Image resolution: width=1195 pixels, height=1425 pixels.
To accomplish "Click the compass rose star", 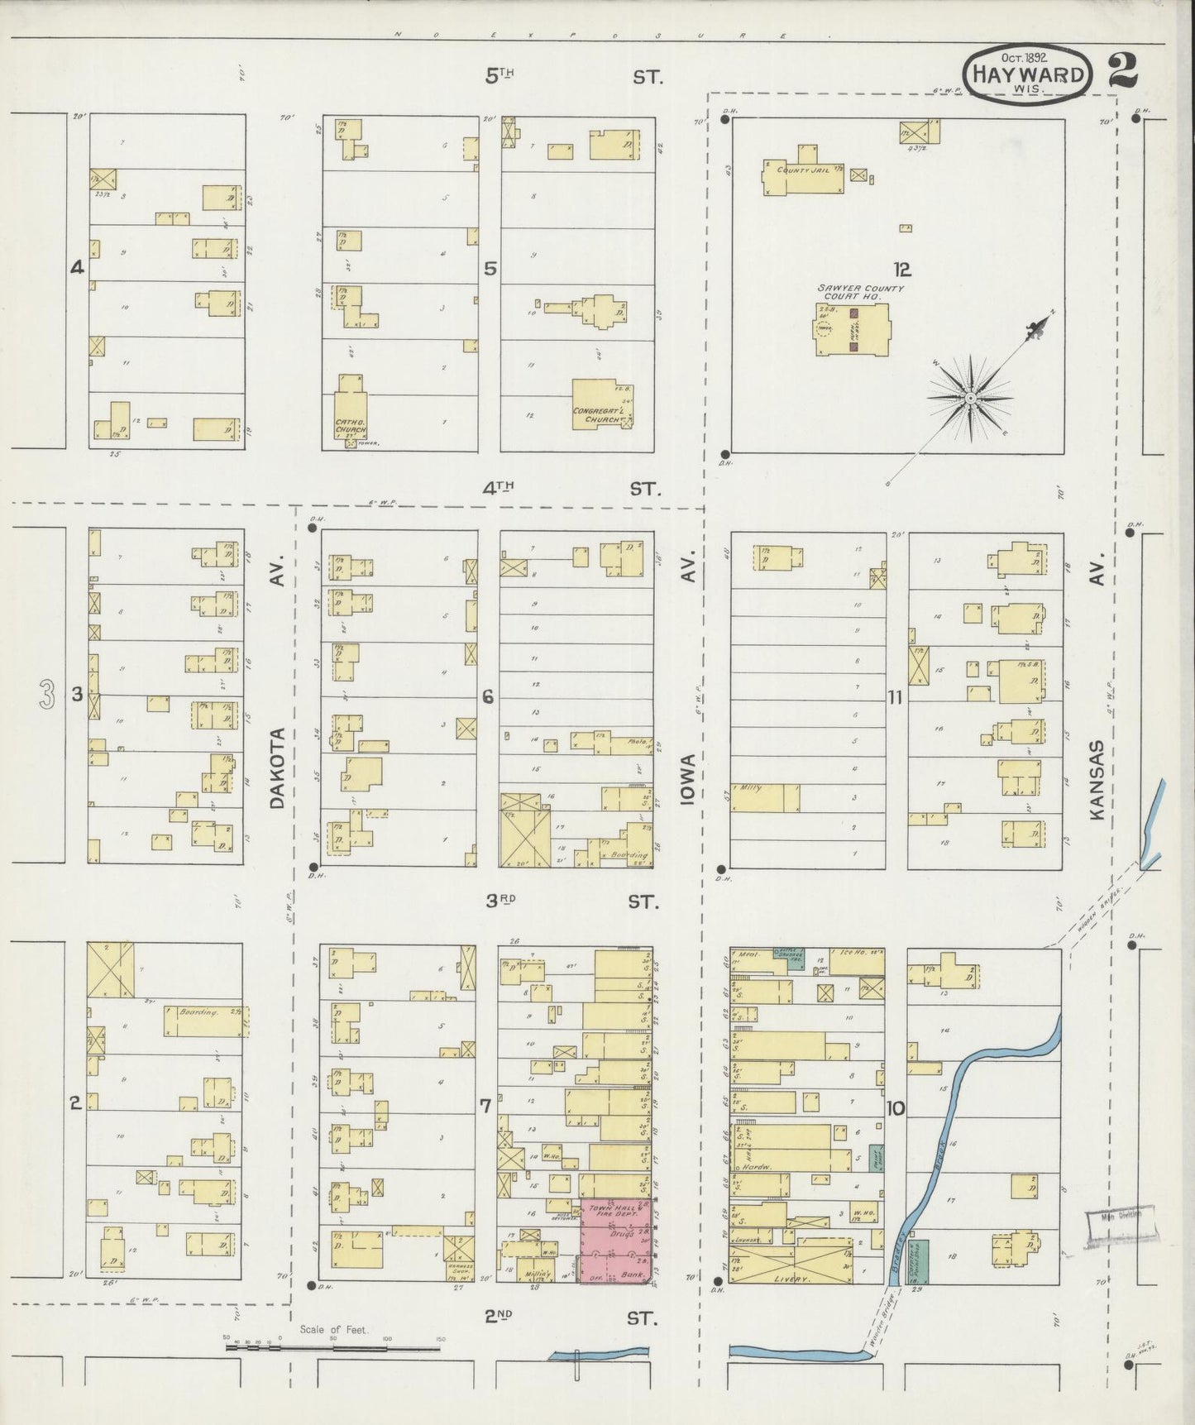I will [969, 399].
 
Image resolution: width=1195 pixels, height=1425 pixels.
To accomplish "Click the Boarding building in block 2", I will [203, 1021].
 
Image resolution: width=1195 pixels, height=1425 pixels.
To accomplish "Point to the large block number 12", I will [901, 269].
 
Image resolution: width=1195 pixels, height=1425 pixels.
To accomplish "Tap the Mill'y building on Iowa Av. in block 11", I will [764, 797].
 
